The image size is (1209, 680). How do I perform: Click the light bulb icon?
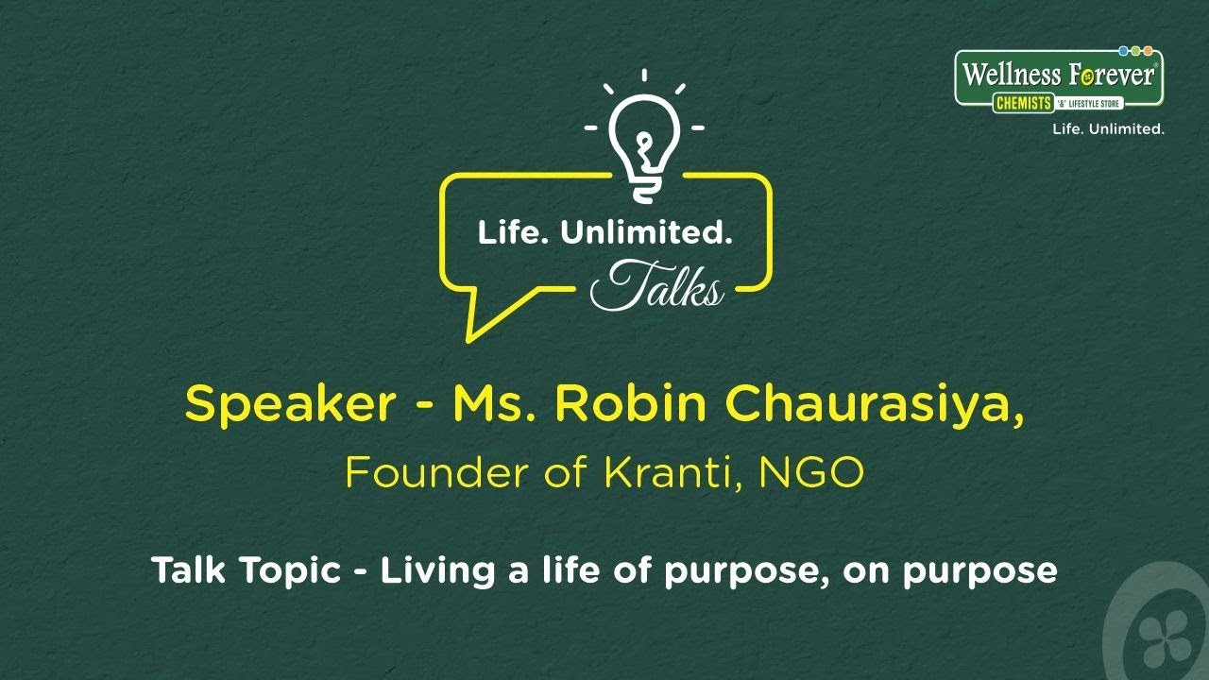[x=644, y=142]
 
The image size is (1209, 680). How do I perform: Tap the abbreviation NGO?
[x=819, y=473]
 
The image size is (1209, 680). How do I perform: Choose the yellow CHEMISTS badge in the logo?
[x=1021, y=103]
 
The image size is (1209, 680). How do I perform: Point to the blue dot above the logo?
[x=1123, y=51]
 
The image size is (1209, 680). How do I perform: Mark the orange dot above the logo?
[x=1148, y=51]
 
